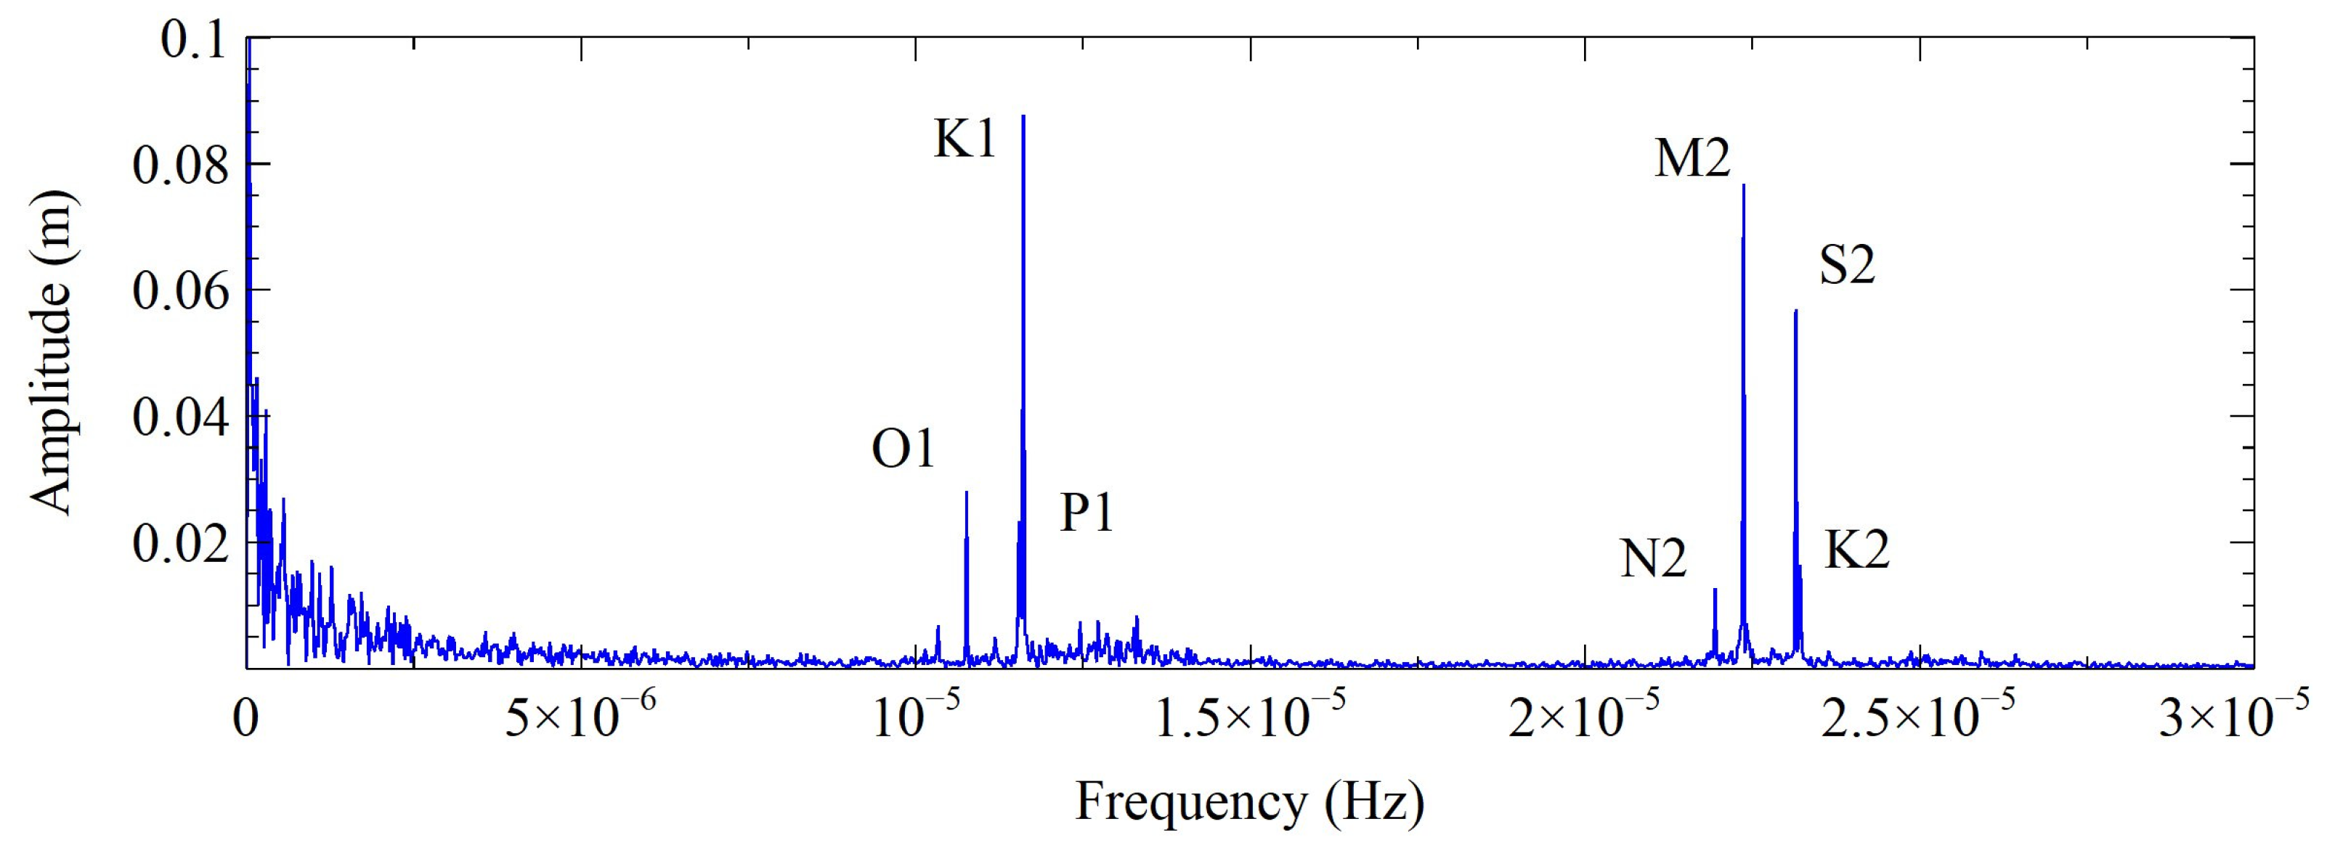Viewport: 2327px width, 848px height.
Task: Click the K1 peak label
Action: (964, 141)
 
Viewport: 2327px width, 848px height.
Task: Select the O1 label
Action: (903, 449)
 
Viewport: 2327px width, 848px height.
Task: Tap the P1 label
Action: (1087, 514)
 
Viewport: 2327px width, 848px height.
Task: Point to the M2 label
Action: (1692, 160)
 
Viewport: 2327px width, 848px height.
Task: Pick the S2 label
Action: (1846, 266)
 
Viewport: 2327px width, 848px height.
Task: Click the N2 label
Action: (1653, 560)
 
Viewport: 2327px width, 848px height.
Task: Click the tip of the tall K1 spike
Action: (1023, 116)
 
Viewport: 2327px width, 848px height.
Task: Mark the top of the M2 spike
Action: (1744, 185)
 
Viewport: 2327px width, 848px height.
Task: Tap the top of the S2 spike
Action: (1796, 311)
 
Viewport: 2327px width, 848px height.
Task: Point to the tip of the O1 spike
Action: (967, 492)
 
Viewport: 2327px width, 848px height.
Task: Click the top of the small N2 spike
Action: (1715, 590)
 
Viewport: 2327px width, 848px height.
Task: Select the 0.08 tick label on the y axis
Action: (177, 166)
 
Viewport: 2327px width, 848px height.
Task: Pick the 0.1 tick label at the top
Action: (192, 41)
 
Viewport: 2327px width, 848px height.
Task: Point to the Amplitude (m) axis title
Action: (52, 352)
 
